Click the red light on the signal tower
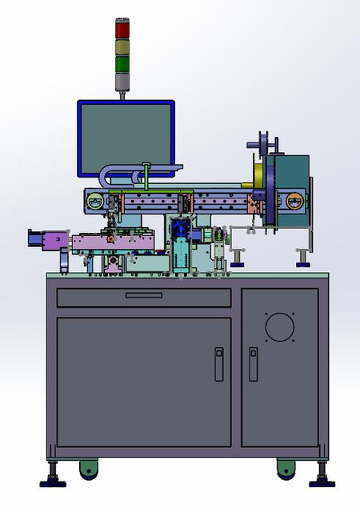tap(122, 29)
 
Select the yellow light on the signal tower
tap(122, 46)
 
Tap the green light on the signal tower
tap(122, 63)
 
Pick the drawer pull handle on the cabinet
tap(144, 295)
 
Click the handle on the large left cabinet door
tap(218, 364)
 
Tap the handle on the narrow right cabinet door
tap(253, 364)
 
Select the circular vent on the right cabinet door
tap(280, 326)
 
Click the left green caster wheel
tap(87, 469)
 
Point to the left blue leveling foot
tap(54, 480)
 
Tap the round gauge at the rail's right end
tap(296, 202)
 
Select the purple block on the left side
tap(54, 239)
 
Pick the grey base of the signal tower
tap(122, 82)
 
